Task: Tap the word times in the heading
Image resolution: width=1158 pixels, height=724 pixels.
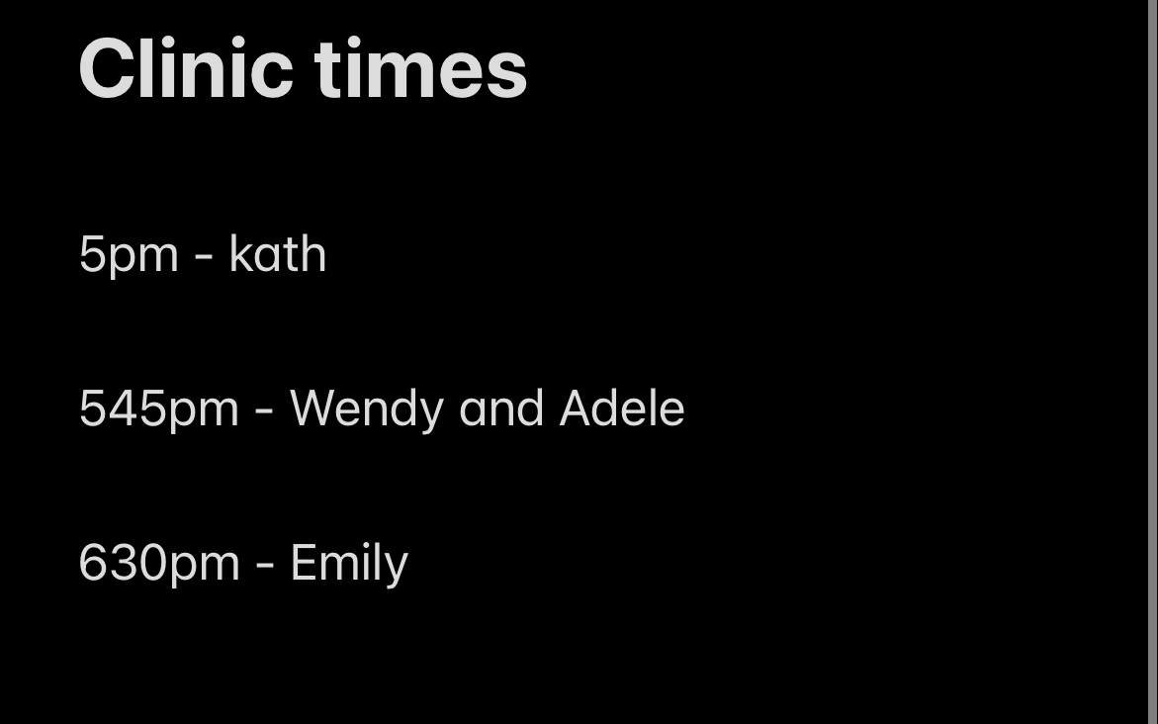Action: pyautogui.click(x=420, y=68)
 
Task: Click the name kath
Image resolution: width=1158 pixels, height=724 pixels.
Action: pyautogui.click(x=278, y=253)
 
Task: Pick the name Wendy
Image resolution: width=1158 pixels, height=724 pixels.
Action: pyautogui.click(x=366, y=408)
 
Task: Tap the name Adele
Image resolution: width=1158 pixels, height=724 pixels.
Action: pyautogui.click(x=622, y=407)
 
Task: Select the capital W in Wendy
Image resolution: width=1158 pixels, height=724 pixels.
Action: pyautogui.click(x=316, y=407)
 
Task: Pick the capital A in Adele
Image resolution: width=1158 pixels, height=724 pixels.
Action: pyautogui.click(x=577, y=407)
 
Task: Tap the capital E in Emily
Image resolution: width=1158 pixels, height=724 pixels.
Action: pyautogui.click(x=304, y=562)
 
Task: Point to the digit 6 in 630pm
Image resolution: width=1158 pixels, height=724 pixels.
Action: pyautogui.click(x=93, y=562)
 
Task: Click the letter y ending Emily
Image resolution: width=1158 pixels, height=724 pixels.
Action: pyautogui.click(x=399, y=569)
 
